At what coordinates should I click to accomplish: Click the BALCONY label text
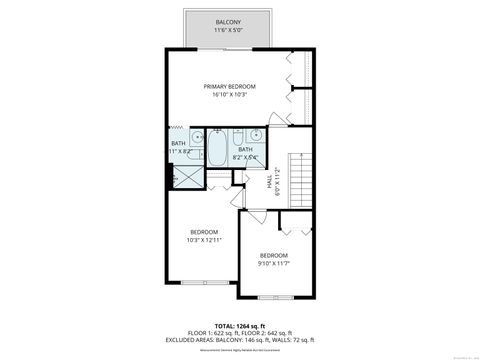[228, 21]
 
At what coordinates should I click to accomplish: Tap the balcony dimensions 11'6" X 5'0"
[228, 31]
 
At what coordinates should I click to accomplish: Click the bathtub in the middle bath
[217, 147]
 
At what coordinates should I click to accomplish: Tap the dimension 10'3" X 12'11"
[204, 241]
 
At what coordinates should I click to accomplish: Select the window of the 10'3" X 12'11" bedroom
[204, 283]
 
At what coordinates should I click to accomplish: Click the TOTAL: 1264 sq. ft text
[240, 326]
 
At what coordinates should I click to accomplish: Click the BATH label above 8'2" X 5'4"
[245, 149]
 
